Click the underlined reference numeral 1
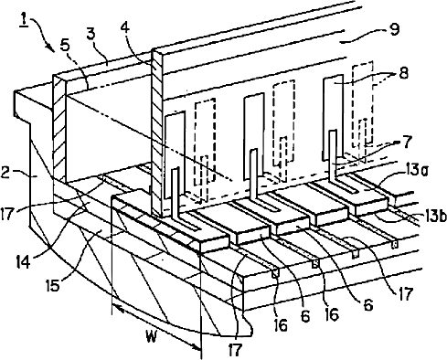click(x=24, y=21)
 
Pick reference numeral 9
click(x=394, y=30)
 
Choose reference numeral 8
click(x=403, y=74)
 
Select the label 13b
click(x=435, y=217)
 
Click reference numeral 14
click(x=23, y=262)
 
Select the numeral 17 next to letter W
click(x=234, y=350)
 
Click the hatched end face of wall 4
click(x=157, y=134)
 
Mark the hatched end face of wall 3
click(x=59, y=128)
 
